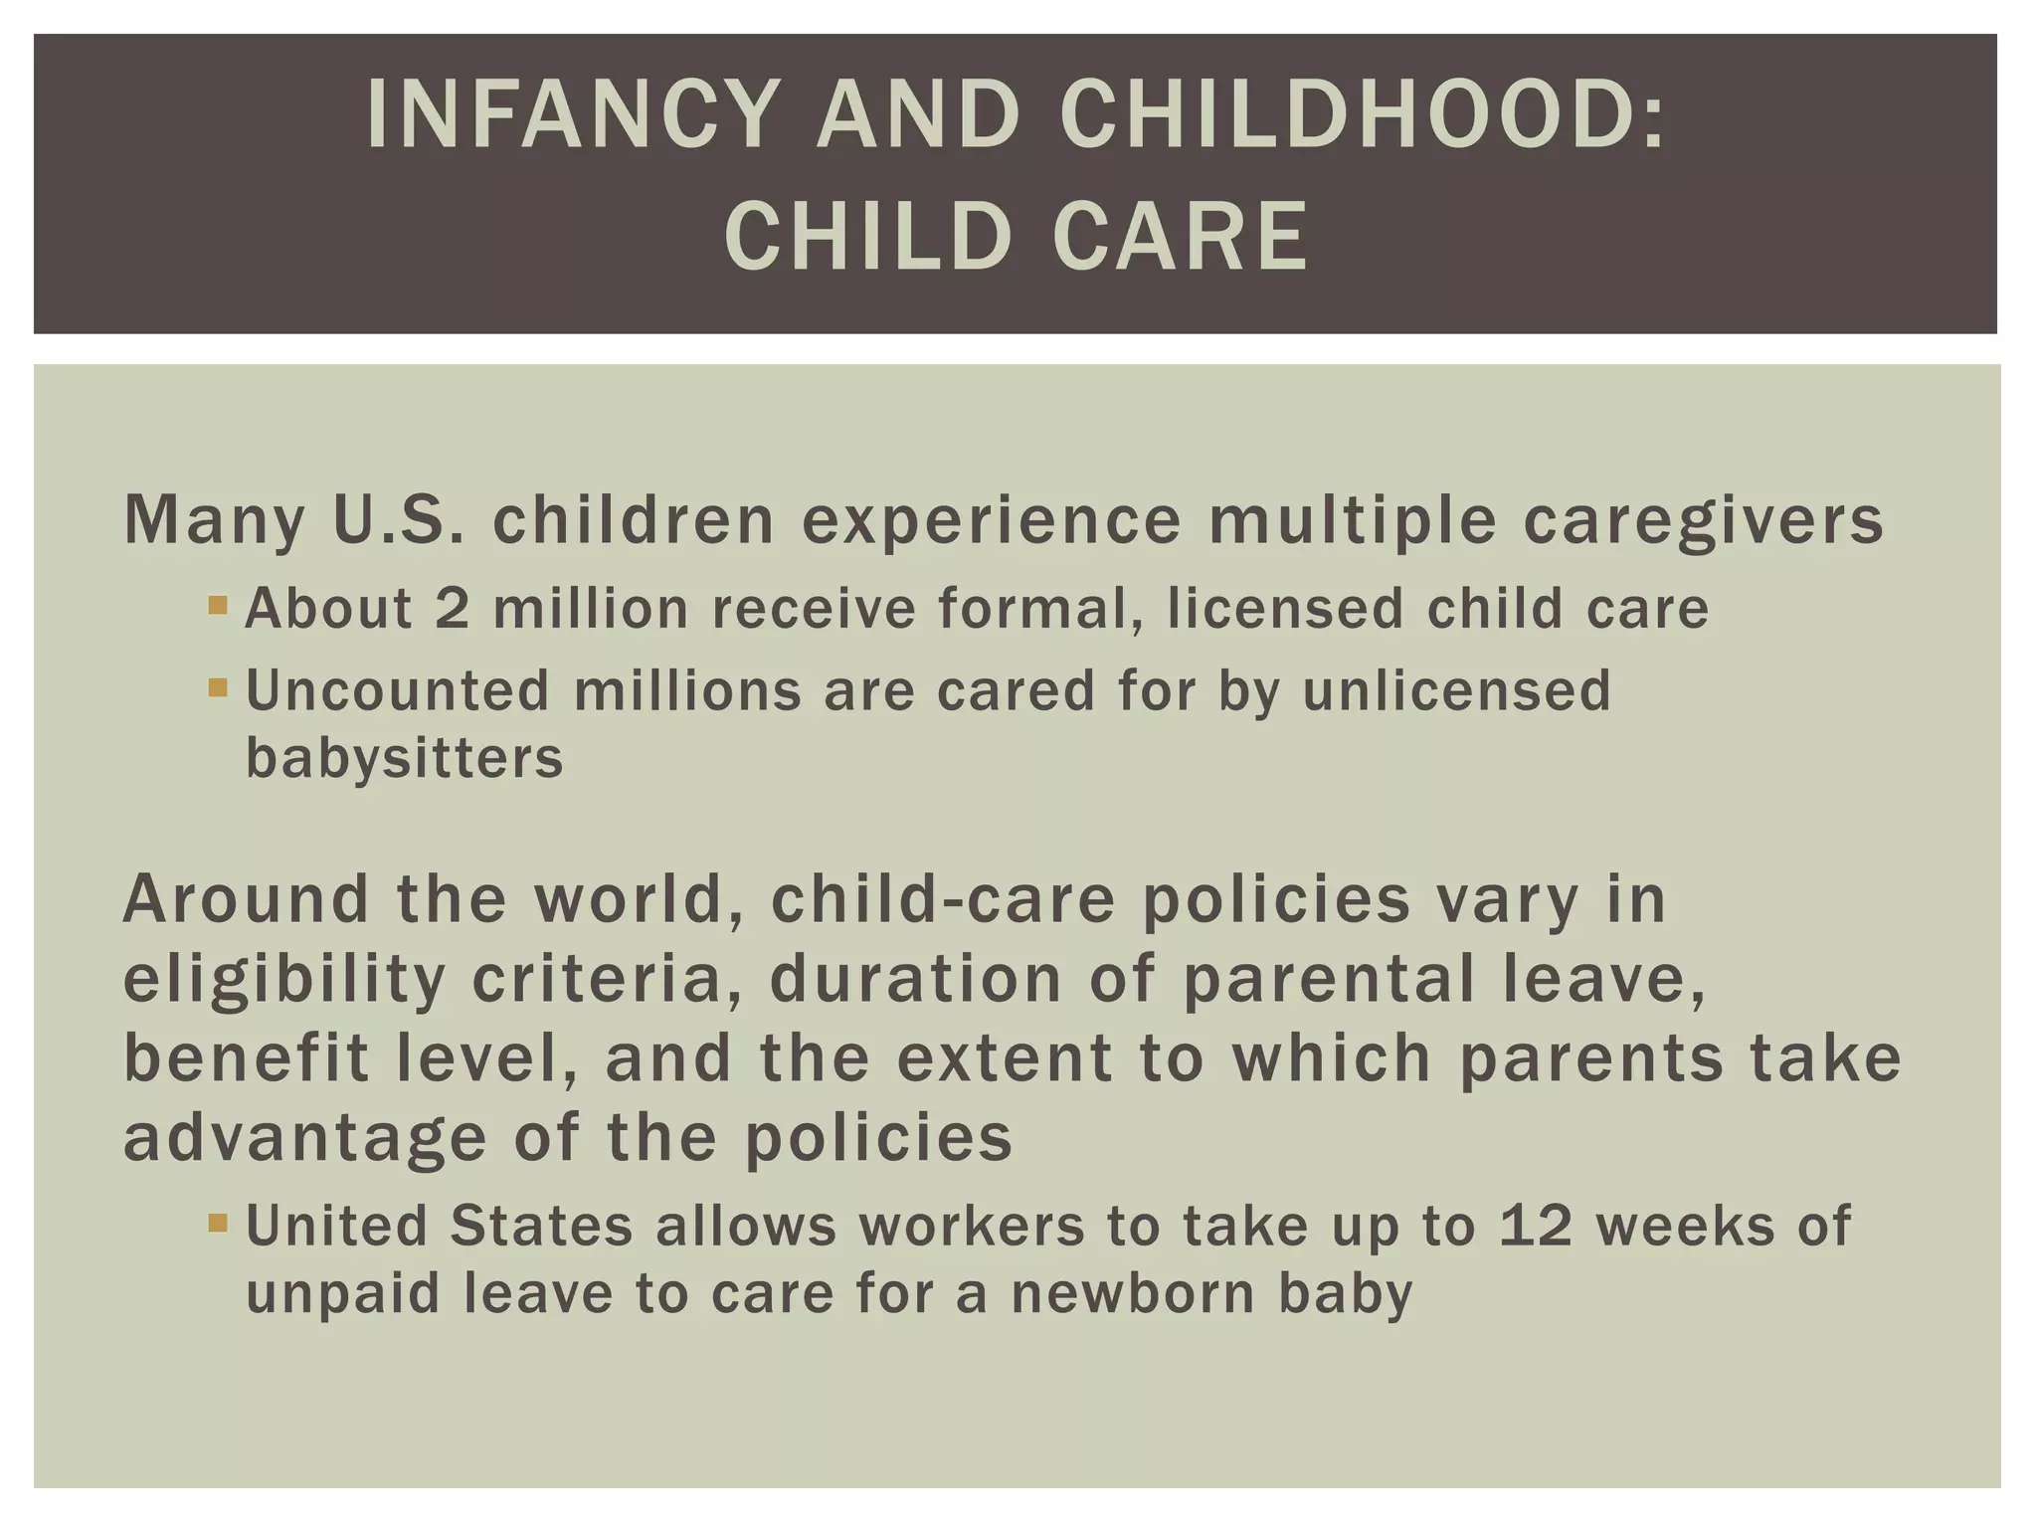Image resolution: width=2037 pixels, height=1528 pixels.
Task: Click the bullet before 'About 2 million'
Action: pos(218,604)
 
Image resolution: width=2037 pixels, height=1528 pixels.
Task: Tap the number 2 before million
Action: pos(452,608)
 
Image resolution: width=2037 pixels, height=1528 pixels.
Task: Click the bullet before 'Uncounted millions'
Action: pos(218,686)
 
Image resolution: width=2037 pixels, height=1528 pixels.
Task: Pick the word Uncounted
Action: pos(397,690)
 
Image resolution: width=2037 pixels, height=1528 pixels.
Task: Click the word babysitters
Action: pos(404,758)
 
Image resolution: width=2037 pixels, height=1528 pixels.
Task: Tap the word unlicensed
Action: pos(1456,690)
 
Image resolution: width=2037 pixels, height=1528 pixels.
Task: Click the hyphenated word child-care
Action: pos(942,899)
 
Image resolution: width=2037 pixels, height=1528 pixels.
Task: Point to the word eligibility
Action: pos(284,979)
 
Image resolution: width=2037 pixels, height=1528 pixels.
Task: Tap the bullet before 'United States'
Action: pos(218,1221)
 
